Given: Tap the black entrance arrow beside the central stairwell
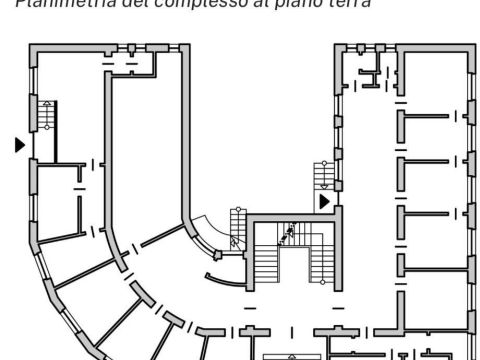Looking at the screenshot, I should pos(324,202).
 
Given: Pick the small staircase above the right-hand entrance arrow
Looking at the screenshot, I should pos(323,175).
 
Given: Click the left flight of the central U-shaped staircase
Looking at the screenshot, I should pos(267,261).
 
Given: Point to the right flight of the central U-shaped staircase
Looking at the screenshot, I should pos(320,261).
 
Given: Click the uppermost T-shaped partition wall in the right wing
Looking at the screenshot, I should pos(420,116).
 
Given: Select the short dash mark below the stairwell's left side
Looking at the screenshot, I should pos(249,307).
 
